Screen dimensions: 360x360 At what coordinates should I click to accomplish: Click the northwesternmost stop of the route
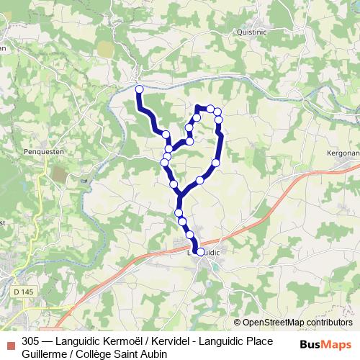click(140, 89)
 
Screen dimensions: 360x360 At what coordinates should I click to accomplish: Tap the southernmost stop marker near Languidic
click(199, 252)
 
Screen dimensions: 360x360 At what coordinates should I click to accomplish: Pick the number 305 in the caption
click(30, 341)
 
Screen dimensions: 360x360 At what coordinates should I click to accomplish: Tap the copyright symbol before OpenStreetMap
click(238, 323)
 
